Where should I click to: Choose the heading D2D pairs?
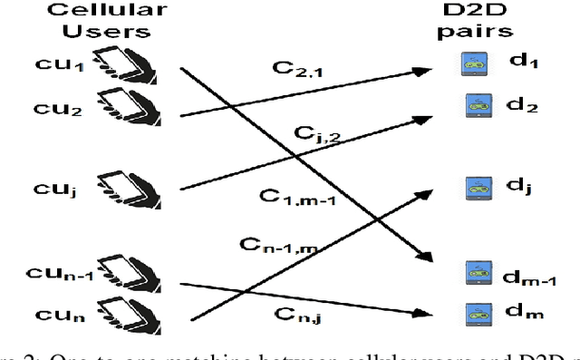coord(480,21)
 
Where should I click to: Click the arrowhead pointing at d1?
coord(425,67)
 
